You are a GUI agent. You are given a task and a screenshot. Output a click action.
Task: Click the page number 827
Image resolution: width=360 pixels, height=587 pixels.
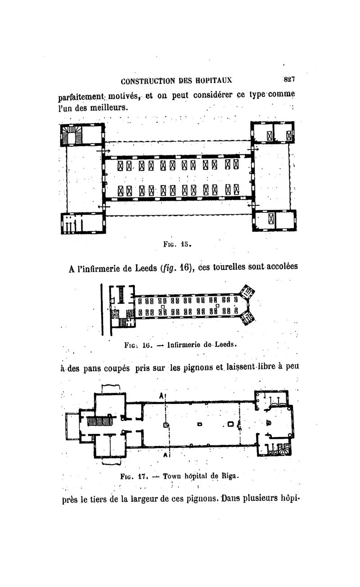point(289,79)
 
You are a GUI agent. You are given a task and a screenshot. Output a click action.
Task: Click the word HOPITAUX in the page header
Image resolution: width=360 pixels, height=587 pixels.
point(214,81)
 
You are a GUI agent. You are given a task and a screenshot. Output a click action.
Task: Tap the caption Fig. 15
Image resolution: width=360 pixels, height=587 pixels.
point(177,244)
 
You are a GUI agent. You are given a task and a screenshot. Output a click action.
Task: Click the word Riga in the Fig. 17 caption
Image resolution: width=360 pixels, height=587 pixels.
point(230,476)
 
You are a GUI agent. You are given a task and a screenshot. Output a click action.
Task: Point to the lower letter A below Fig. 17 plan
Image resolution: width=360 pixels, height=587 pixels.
point(165,455)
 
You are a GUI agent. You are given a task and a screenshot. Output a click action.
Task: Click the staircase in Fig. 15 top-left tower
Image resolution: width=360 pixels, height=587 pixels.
point(72,134)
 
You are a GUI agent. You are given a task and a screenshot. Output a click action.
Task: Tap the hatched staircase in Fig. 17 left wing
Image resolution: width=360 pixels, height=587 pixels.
point(99,421)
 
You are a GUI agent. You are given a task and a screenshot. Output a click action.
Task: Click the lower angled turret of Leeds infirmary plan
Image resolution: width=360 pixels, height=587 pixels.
point(247,318)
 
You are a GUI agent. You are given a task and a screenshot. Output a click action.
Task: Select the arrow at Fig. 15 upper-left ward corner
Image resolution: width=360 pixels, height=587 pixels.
point(103,151)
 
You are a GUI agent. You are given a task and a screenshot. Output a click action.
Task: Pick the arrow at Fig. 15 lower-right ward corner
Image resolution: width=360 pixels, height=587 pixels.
point(253,205)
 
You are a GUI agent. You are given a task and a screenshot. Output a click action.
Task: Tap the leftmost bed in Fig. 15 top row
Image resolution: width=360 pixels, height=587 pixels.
point(120,166)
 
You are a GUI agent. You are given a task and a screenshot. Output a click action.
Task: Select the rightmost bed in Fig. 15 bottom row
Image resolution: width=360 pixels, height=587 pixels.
point(236,190)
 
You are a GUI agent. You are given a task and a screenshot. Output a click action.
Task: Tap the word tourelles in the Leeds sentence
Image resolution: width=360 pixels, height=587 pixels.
point(229,267)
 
